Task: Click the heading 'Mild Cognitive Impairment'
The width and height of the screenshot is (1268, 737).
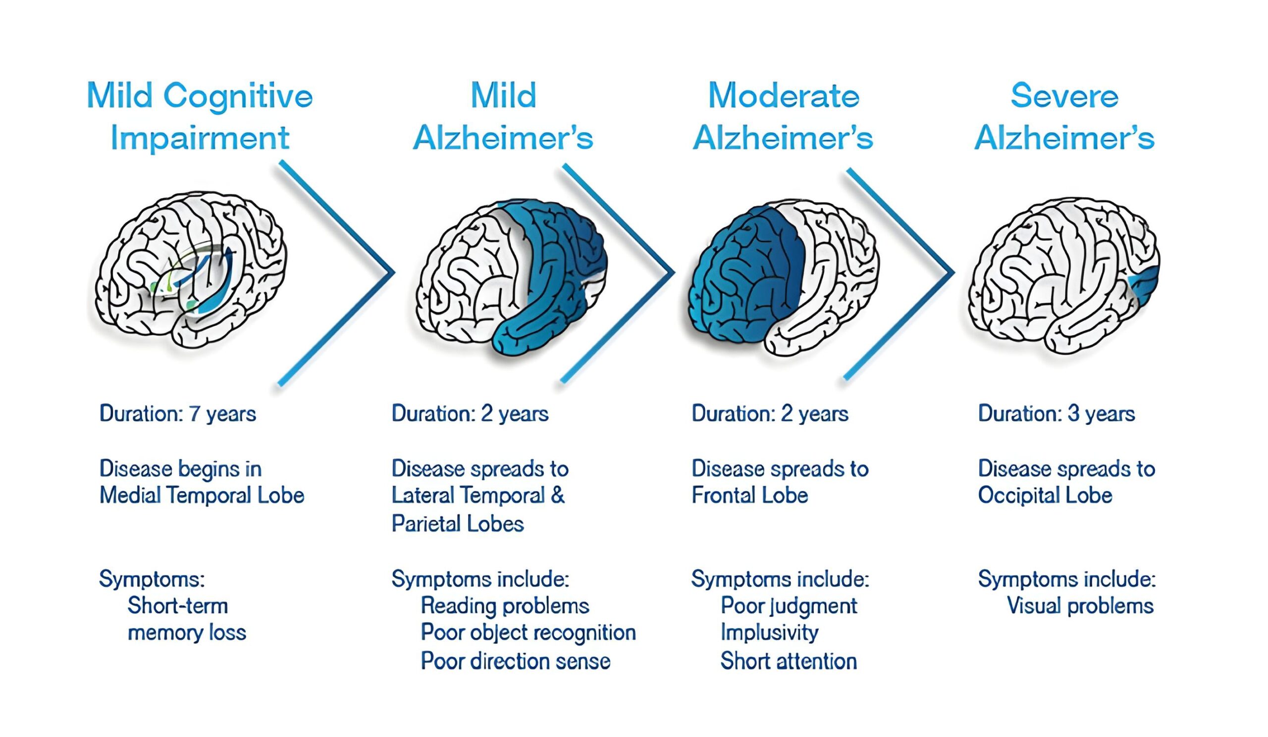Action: tap(200, 117)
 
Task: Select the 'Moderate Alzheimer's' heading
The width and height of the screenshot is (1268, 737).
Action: tap(783, 117)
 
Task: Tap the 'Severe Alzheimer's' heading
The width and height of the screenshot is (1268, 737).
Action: tap(1064, 117)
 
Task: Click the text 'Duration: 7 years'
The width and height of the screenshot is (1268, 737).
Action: tap(178, 414)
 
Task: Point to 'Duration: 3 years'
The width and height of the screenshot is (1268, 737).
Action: tap(1056, 414)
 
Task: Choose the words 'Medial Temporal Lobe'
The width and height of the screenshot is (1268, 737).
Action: tap(202, 495)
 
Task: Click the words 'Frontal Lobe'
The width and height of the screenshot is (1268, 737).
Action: tap(749, 495)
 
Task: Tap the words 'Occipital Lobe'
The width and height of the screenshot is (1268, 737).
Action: tap(1045, 495)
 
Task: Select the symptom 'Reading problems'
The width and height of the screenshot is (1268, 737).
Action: tap(505, 606)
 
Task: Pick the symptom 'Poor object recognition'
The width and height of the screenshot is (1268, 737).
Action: tap(528, 633)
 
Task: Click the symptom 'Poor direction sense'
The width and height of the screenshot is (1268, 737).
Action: tap(515, 661)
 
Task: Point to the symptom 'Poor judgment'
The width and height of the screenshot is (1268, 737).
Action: tap(789, 606)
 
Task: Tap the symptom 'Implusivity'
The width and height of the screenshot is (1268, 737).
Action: tap(769, 633)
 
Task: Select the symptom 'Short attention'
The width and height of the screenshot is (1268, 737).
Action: tap(789, 661)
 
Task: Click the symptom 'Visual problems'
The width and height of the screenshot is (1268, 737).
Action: tap(1080, 606)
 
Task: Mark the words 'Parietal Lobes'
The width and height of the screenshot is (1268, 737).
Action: tap(457, 524)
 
